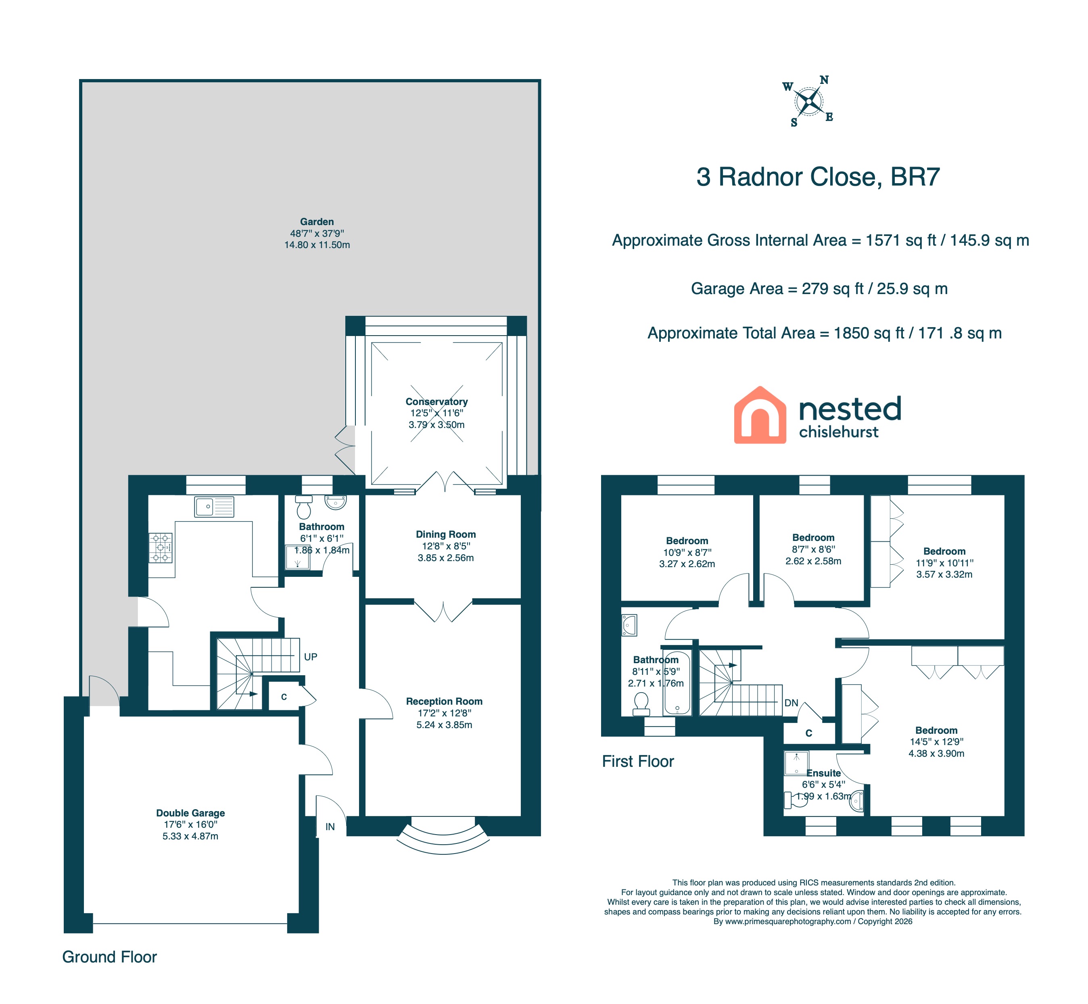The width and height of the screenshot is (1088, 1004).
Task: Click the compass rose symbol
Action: (x=809, y=102)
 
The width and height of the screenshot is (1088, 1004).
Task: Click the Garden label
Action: (x=317, y=222)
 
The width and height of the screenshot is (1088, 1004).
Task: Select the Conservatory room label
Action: (x=436, y=401)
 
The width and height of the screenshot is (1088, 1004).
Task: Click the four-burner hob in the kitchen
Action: (x=161, y=548)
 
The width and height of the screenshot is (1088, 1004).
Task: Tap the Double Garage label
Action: (x=190, y=813)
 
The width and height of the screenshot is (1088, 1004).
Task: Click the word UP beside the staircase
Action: (x=310, y=657)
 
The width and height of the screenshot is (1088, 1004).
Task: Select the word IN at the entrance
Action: (x=330, y=827)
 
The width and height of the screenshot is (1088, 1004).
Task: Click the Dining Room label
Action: (x=446, y=534)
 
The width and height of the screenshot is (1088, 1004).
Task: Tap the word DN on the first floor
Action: (x=791, y=703)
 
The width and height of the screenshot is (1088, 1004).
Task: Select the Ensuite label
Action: (x=823, y=773)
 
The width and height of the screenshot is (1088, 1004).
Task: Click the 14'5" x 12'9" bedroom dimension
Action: (x=936, y=741)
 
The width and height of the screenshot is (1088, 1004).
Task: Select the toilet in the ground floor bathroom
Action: (x=304, y=507)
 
